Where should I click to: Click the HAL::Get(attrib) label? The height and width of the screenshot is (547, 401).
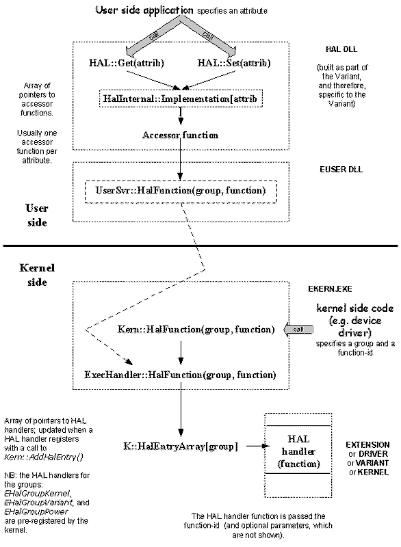[127, 63]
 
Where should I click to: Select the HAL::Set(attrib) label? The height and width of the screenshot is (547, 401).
[234, 63]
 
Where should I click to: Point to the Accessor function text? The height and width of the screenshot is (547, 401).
[181, 135]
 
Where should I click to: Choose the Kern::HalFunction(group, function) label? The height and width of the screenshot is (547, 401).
[196, 330]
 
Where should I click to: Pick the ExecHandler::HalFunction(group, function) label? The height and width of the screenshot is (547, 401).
[181, 375]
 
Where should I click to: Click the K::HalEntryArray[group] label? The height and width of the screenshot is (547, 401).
[181, 446]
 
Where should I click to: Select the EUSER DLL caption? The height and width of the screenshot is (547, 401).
[341, 170]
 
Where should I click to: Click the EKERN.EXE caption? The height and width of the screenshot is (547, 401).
[330, 289]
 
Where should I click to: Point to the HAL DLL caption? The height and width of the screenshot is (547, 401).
[341, 49]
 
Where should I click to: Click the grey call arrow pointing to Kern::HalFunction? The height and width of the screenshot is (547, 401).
[298, 330]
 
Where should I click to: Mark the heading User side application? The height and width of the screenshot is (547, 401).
[144, 10]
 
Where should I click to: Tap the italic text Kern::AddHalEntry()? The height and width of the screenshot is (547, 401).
[44, 457]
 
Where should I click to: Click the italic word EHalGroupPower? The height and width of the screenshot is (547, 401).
[36, 511]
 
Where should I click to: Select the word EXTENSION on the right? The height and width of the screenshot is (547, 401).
[367, 445]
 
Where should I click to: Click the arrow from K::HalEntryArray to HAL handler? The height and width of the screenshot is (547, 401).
[258, 446]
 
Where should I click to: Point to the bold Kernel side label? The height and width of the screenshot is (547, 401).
[37, 275]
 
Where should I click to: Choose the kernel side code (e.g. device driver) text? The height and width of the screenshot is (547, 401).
[355, 320]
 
